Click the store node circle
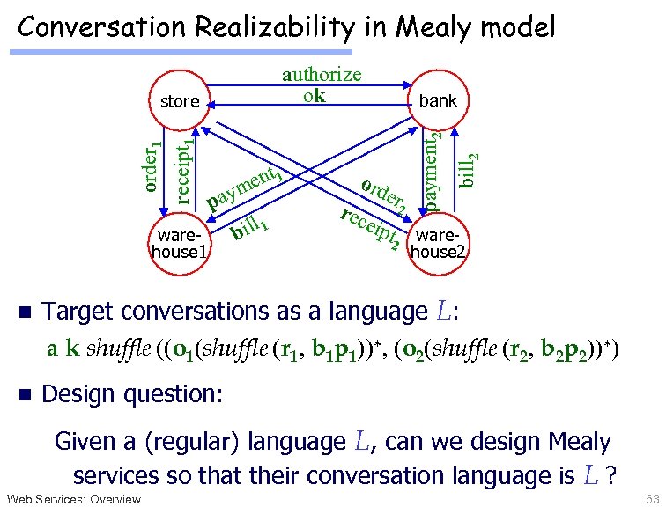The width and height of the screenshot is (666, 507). [180, 100]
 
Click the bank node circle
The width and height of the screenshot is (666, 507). [438, 100]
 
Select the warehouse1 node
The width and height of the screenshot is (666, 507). [180, 244]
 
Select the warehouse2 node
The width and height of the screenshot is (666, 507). [438, 244]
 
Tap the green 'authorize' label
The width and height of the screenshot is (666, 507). [322, 75]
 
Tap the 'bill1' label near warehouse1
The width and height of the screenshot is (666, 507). [248, 228]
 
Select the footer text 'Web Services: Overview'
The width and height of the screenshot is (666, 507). [73, 499]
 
